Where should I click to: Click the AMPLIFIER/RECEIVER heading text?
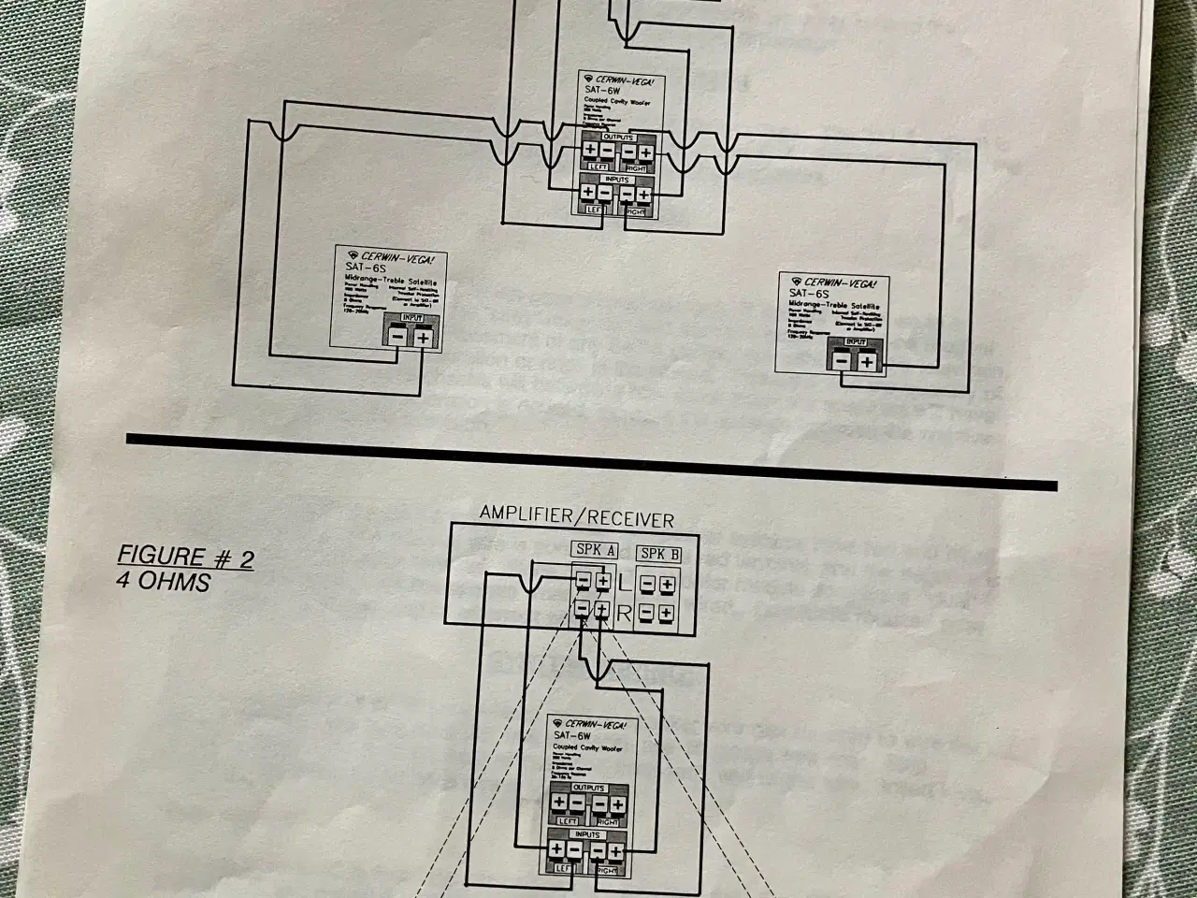coord(576,516)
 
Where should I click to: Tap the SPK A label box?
coord(595,551)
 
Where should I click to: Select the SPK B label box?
coord(659,554)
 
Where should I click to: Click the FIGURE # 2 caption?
coord(185,558)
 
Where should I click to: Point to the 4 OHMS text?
coord(165,582)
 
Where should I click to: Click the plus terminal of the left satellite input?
coord(423,338)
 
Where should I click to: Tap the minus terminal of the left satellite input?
coord(398,337)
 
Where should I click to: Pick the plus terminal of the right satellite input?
coord(867,361)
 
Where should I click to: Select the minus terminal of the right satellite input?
coord(842,360)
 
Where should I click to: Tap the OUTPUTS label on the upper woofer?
coord(618,137)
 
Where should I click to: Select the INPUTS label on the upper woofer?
coord(616,179)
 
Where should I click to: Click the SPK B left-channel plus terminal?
coord(666,586)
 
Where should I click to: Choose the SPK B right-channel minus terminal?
coord(646,614)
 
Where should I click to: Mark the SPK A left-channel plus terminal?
coord(602,583)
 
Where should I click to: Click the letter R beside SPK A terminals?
coord(624,615)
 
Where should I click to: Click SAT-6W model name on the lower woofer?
coord(571,736)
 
